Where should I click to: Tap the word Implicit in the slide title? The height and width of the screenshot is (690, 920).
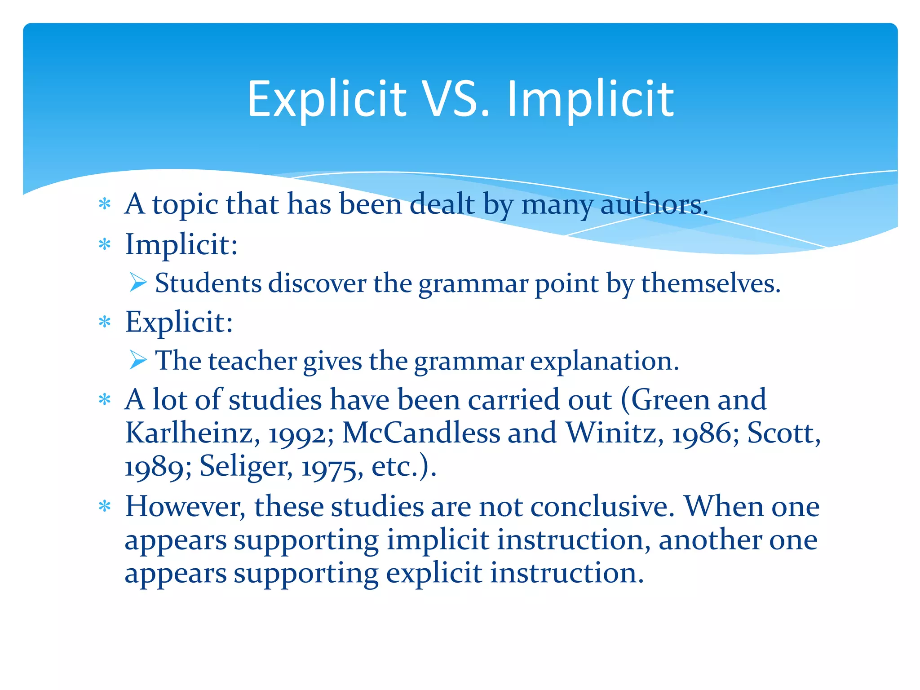pos(590,100)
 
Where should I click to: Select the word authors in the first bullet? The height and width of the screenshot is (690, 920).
pos(654,204)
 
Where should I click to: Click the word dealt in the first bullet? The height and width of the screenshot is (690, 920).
pos(442,204)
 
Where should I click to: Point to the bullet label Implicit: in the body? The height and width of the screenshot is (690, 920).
pos(181,245)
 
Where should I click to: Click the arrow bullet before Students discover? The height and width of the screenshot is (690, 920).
pos(138,283)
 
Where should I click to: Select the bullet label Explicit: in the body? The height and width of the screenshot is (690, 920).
pos(179,322)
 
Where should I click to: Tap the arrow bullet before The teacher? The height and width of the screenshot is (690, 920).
pos(138,360)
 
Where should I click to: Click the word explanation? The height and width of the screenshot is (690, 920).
pos(604,361)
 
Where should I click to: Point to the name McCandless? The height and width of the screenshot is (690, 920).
pos(421,433)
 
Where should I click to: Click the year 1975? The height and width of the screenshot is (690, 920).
pos(332,468)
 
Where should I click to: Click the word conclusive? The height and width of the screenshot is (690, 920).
pos(602,507)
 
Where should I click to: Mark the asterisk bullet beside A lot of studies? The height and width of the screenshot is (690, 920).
pos(105,399)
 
